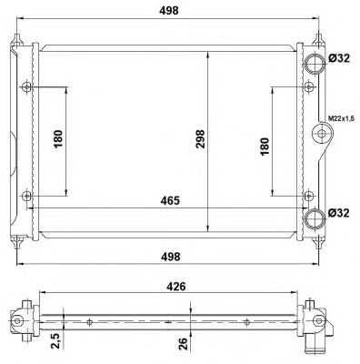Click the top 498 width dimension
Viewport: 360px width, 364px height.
(x=169, y=11)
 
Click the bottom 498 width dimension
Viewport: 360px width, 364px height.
(x=170, y=257)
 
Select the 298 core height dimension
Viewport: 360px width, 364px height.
(x=200, y=139)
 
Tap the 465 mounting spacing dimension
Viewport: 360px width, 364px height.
(x=170, y=200)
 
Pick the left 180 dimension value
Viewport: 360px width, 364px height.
(x=58, y=139)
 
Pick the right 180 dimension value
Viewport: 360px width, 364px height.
(x=265, y=147)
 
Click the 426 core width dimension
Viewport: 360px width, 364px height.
(x=175, y=287)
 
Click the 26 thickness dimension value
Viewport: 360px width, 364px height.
(x=183, y=344)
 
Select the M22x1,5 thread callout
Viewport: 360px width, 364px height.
(x=341, y=118)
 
